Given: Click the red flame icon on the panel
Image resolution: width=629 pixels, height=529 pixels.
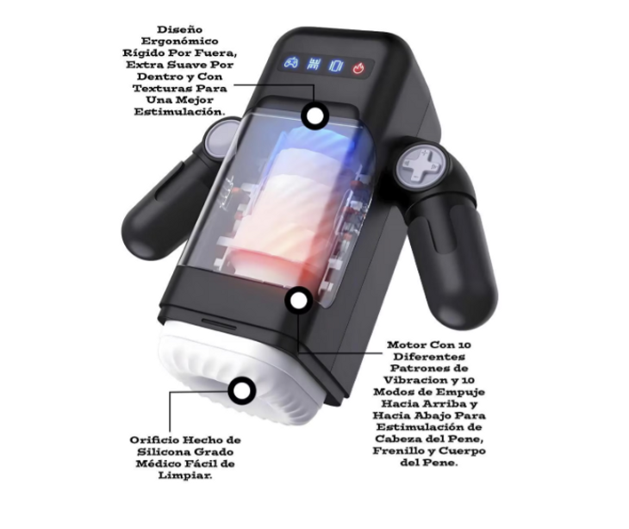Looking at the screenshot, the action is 358,69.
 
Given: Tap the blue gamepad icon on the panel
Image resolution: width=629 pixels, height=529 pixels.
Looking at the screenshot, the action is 291,63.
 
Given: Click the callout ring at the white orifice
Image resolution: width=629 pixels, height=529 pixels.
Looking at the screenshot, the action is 241,390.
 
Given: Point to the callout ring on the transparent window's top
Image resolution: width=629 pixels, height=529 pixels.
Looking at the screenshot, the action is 314,115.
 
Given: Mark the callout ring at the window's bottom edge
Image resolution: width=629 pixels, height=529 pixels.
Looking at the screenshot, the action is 299,300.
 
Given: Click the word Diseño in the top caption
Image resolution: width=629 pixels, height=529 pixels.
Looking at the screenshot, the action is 174,29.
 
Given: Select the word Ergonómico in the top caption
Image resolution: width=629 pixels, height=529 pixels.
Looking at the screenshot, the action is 180,41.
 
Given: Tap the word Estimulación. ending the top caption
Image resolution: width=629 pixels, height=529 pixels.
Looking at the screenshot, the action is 179,111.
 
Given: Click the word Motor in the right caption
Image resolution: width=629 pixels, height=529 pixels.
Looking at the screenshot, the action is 406,345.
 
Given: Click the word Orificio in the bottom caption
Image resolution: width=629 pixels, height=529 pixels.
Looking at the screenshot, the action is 154,440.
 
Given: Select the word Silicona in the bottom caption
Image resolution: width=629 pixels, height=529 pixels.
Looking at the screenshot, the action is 164,452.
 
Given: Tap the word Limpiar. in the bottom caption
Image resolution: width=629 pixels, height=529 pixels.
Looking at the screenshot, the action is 185,476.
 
